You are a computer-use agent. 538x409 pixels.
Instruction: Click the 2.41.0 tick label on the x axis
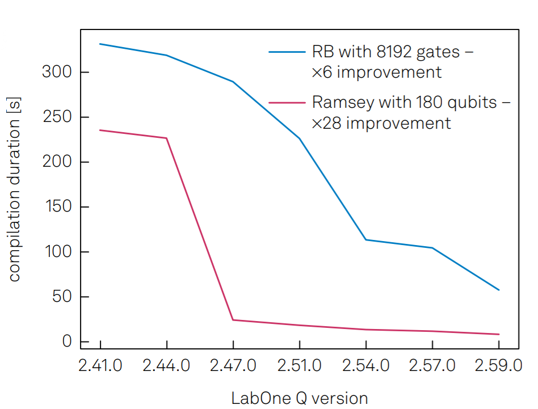click(100, 365)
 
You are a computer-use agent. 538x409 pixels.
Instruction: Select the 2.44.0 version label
click(166, 365)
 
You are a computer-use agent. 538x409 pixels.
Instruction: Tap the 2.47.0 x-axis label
click(233, 365)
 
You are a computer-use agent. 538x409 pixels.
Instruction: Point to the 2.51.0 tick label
click(300, 365)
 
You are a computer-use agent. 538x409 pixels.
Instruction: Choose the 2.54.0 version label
click(366, 365)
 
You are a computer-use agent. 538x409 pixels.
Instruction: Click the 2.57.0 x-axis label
click(432, 365)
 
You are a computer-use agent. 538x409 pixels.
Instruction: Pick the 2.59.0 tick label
click(498, 365)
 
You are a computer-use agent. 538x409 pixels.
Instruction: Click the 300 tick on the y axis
click(57, 73)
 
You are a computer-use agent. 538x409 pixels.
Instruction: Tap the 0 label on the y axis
click(67, 341)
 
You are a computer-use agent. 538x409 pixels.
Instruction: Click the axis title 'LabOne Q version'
click(299, 398)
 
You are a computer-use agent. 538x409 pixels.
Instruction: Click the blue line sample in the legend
click(287, 52)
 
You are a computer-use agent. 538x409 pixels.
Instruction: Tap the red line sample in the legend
click(287, 103)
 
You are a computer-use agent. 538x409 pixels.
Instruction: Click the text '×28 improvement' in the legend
click(381, 123)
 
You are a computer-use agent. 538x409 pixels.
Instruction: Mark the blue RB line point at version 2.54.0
click(366, 239)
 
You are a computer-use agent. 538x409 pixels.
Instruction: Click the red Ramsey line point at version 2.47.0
click(233, 320)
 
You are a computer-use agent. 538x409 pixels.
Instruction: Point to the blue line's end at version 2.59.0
click(498, 290)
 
